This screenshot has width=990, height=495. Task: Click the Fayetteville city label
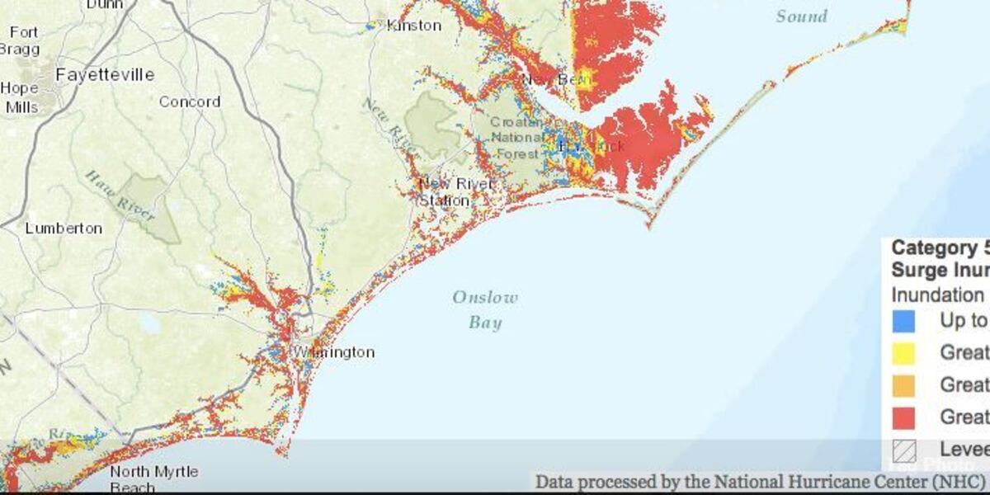(x=104, y=75)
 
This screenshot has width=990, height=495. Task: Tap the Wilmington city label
(x=334, y=352)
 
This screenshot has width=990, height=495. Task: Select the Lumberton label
(x=64, y=228)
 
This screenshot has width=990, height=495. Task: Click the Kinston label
(x=413, y=26)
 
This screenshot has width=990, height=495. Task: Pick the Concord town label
(x=190, y=102)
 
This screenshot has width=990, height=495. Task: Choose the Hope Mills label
(x=20, y=97)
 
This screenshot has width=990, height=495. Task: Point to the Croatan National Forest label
(x=517, y=138)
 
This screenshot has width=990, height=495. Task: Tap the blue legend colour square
(x=903, y=320)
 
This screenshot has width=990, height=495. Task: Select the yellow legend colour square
(x=903, y=352)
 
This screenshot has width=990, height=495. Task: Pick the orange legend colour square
(x=903, y=384)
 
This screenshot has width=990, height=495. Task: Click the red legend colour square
(x=903, y=417)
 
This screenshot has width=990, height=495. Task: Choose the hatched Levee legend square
(x=903, y=450)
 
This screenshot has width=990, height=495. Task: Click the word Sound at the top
(x=801, y=16)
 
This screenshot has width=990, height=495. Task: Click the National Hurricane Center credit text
(x=759, y=481)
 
